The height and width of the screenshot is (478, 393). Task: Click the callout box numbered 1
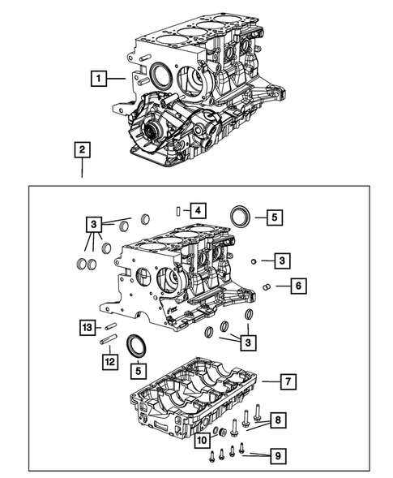pos(97,79)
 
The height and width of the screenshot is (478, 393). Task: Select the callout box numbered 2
pos(82,149)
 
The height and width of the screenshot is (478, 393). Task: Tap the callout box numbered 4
pos(197,210)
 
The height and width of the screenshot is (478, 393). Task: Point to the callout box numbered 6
pos(298,286)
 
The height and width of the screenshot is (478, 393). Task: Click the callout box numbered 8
pos(277,420)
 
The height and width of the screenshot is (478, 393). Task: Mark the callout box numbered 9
pos(277,457)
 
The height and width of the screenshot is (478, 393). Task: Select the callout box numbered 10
pos(202,439)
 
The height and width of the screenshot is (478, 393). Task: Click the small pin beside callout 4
pos(177,211)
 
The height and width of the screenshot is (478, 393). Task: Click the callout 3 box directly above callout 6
pos(280,260)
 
